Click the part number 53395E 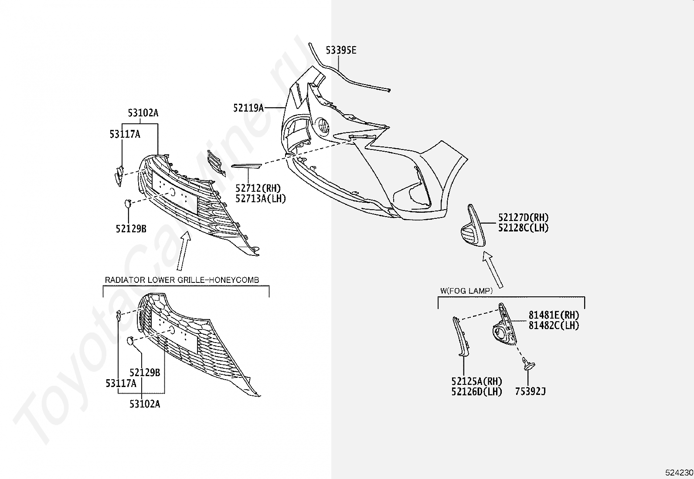point(341,50)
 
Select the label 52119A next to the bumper point(248,108)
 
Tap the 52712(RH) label point(258,188)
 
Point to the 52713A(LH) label point(261,198)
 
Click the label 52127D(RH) point(523,217)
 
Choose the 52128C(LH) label point(523,228)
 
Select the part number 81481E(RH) point(554,315)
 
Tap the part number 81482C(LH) point(554,325)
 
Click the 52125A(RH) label point(476,381)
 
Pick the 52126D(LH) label point(476,392)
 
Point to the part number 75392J point(531,392)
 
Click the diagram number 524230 point(679,472)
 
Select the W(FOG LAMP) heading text point(466,291)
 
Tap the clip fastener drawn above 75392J point(528,364)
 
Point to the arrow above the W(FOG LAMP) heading point(493,269)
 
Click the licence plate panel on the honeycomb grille point(174,332)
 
